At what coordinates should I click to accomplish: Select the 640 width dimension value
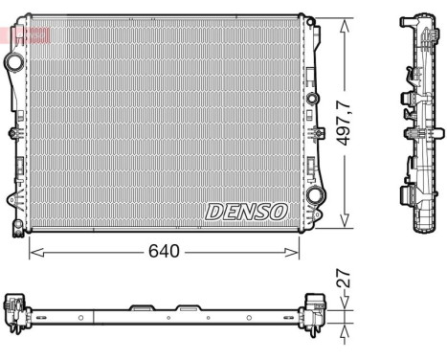coord(162,253)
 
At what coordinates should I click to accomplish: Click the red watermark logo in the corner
coord(26,35)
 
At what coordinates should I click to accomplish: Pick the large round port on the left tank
coord(15,62)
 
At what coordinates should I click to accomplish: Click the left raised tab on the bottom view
coord(140,307)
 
